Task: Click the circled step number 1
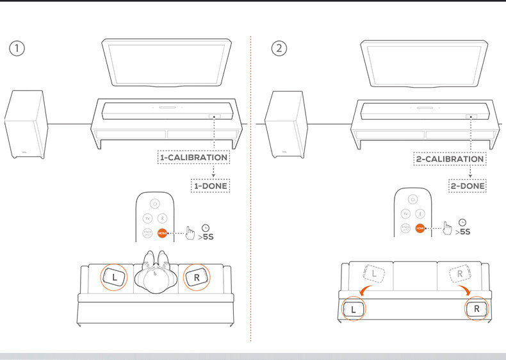(x=17, y=49)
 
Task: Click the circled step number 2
(x=279, y=49)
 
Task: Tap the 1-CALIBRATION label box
(x=193, y=157)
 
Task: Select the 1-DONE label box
(x=211, y=186)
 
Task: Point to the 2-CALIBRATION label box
(x=449, y=158)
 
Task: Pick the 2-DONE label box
(x=468, y=186)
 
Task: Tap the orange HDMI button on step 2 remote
(x=420, y=228)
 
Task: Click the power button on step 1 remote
(x=154, y=203)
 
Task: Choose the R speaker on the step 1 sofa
(x=195, y=278)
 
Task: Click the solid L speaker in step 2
(x=354, y=309)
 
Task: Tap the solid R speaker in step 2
(x=476, y=309)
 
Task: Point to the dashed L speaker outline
(x=375, y=274)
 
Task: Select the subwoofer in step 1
(x=26, y=124)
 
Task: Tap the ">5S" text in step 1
(x=206, y=236)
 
